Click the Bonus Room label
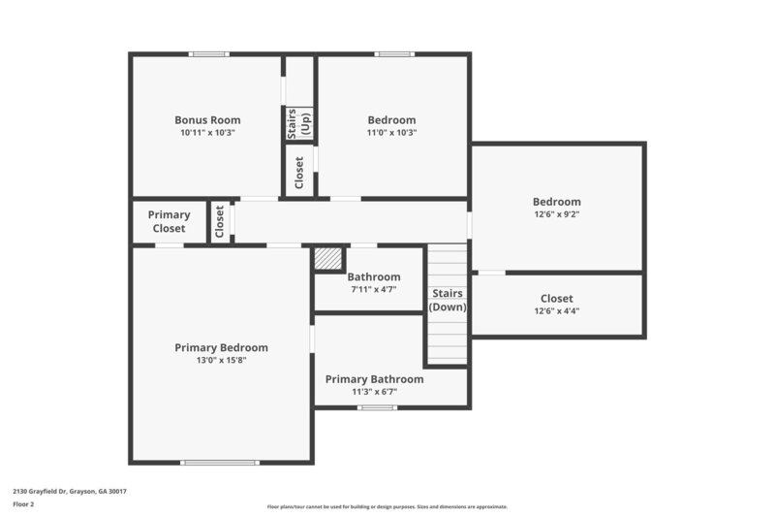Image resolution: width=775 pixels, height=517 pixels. pyautogui.click(x=207, y=120)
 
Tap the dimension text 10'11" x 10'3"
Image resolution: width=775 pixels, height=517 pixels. pyautogui.click(x=207, y=133)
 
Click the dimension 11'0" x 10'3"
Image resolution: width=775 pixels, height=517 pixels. pyautogui.click(x=391, y=133)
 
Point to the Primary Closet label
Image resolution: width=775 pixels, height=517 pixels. pyautogui.click(x=170, y=221)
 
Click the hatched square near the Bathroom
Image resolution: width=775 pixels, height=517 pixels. pyautogui.click(x=327, y=259)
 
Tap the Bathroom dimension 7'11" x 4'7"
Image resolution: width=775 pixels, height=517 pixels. pyautogui.click(x=374, y=289)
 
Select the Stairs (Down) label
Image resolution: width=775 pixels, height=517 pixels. pyautogui.click(x=448, y=300)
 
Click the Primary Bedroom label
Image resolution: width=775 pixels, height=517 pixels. pyautogui.click(x=221, y=347)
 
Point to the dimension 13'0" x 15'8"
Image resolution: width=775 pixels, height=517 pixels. pyautogui.click(x=221, y=360)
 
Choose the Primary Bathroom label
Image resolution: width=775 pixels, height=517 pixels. pyautogui.click(x=374, y=379)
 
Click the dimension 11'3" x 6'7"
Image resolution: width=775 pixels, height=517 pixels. pyautogui.click(x=374, y=392)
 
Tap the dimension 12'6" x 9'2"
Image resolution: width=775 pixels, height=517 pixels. pyautogui.click(x=556, y=214)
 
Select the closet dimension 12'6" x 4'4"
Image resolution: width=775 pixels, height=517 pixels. pyautogui.click(x=556, y=311)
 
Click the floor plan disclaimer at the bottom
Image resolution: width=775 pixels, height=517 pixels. pyautogui.click(x=387, y=506)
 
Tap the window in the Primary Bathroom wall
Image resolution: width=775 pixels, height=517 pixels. pyautogui.click(x=377, y=407)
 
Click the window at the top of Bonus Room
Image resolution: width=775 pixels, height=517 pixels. pyautogui.click(x=208, y=54)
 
